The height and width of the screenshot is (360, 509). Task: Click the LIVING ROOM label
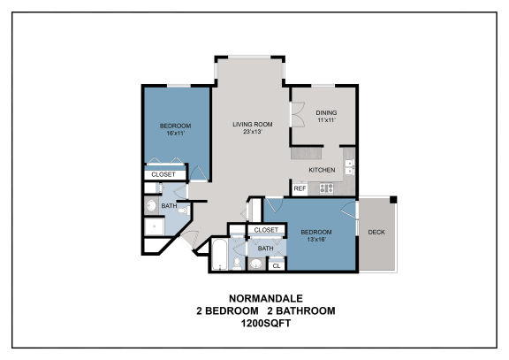(252, 124)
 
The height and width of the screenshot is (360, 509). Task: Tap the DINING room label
(326, 112)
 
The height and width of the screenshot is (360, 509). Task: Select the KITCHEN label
(321, 169)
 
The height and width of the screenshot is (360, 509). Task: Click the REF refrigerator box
(300, 188)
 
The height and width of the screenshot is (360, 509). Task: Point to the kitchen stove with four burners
(325, 188)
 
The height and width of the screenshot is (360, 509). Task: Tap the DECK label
(376, 233)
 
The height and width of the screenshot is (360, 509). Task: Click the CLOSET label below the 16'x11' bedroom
(163, 175)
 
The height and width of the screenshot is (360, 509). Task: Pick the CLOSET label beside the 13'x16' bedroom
(266, 230)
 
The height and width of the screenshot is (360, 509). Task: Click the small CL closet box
(276, 265)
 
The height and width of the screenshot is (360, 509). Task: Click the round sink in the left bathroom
(152, 208)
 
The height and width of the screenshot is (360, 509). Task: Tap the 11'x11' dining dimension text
(326, 120)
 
